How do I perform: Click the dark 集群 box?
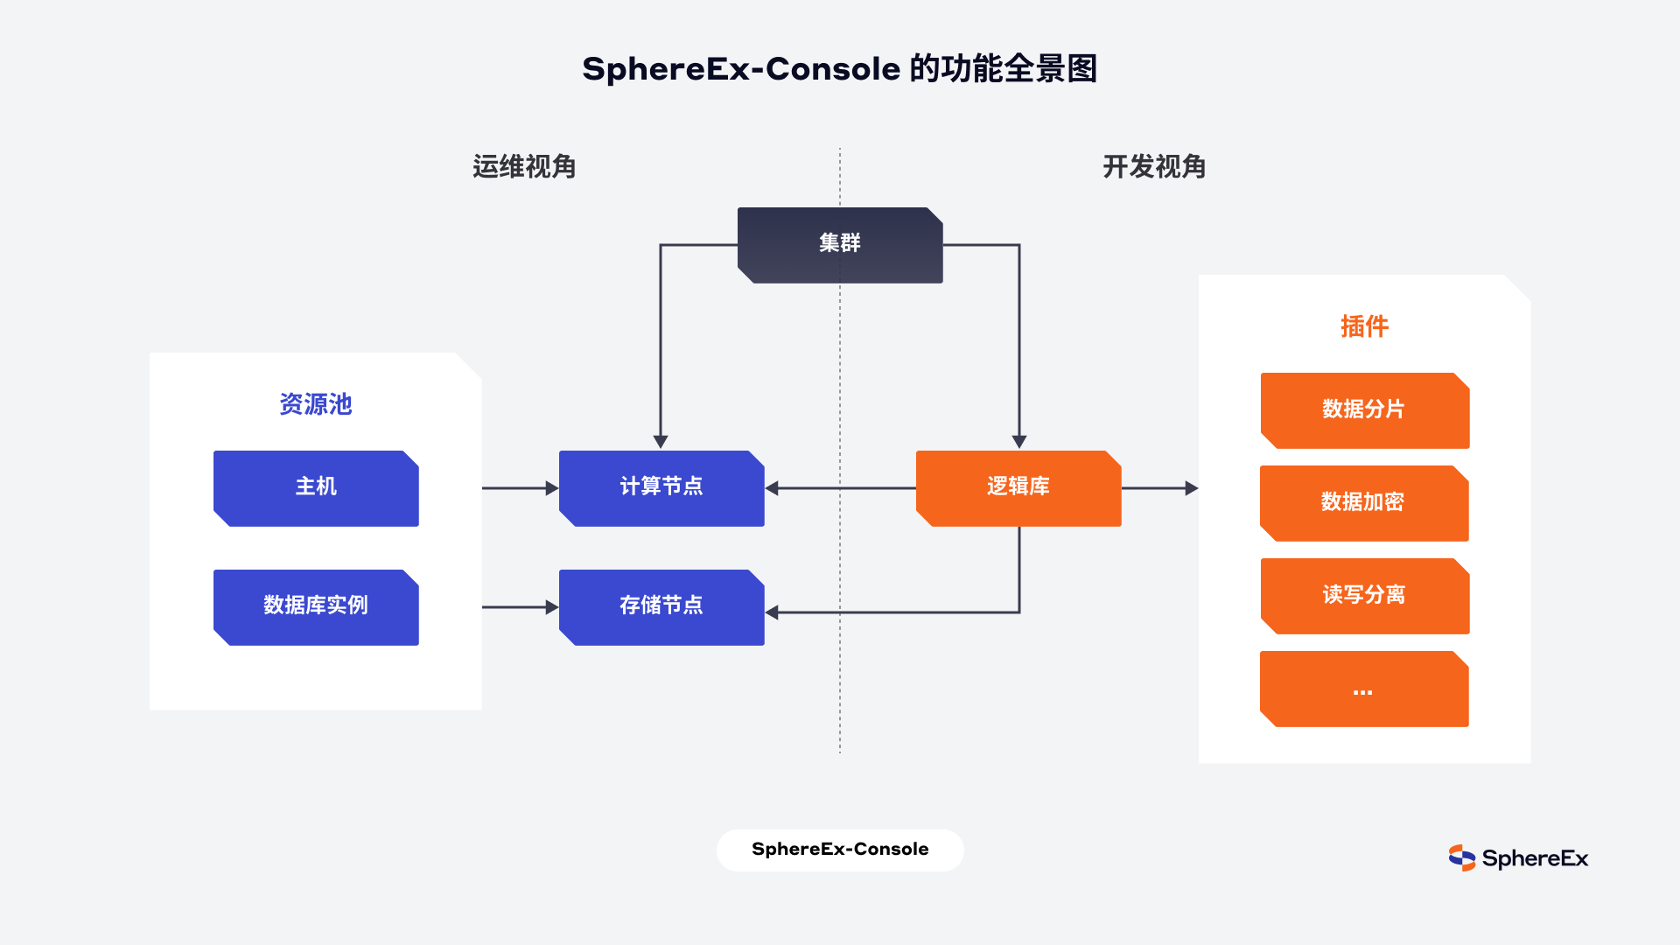pyautogui.click(x=840, y=245)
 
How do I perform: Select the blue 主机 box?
pyautogui.click(x=316, y=488)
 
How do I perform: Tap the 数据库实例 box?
pyautogui.click(x=316, y=607)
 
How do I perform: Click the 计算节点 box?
pyautogui.click(x=661, y=488)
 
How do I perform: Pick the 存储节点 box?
pyautogui.click(x=661, y=607)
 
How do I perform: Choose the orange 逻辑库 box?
pyautogui.click(x=1018, y=488)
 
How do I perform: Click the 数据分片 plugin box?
pyautogui.click(x=1364, y=410)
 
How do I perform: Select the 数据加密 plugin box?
pyautogui.click(x=1364, y=503)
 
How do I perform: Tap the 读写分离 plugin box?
pyautogui.click(x=1364, y=596)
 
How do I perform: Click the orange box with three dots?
pyautogui.click(x=1364, y=689)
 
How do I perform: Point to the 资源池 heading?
pyautogui.click(x=316, y=404)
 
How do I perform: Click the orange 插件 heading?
pyautogui.click(x=1364, y=326)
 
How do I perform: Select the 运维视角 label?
pyautogui.click(x=524, y=166)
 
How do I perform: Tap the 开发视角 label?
pyautogui.click(x=1154, y=166)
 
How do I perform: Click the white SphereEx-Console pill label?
pyautogui.click(x=840, y=850)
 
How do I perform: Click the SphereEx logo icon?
pyautogui.click(x=1461, y=858)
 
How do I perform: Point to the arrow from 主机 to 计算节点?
pyautogui.click(x=520, y=488)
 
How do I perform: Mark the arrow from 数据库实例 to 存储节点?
pyautogui.click(x=520, y=607)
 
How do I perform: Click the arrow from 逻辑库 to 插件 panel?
pyautogui.click(x=1159, y=488)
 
